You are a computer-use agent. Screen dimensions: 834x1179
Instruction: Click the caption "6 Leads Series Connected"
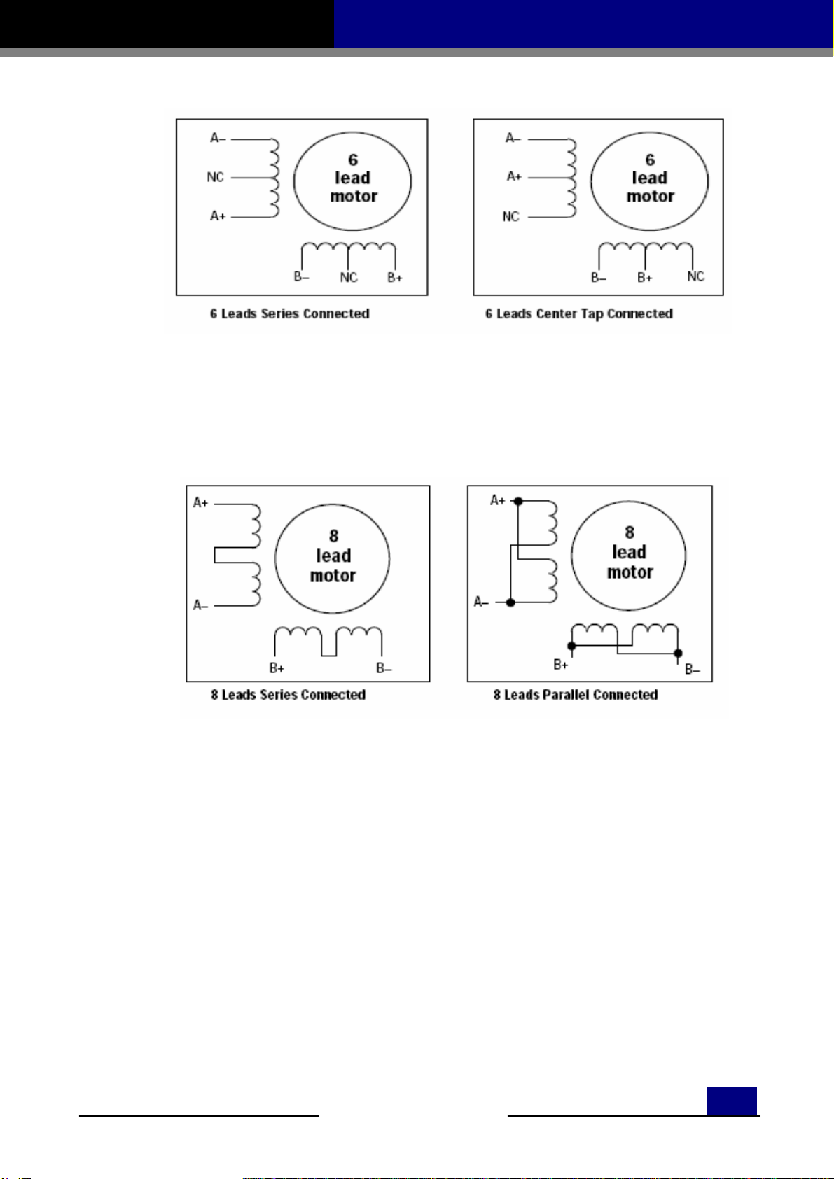pyautogui.click(x=289, y=313)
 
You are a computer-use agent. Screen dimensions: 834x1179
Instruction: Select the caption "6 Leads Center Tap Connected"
pyautogui.click(x=578, y=313)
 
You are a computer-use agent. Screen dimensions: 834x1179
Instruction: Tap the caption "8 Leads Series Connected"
pyautogui.click(x=288, y=695)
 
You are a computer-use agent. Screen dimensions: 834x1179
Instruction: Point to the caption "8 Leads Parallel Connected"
pyautogui.click(x=575, y=695)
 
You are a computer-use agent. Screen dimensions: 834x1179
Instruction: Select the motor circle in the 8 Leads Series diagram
pyautogui.click(x=333, y=557)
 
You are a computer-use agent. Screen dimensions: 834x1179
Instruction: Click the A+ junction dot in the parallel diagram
pyautogui.click(x=518, y=501)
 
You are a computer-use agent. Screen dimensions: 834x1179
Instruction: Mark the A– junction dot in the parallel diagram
pyautogui.click(x=511, y=602)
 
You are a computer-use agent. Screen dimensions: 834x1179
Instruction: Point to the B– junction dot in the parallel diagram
pyautogui.click(x=678, y=654)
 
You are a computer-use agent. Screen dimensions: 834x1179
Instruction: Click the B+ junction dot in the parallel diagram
pyautogui.click(x=572, y=645)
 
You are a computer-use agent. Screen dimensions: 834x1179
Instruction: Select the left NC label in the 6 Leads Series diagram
pyautogui.click(x=215, y=177)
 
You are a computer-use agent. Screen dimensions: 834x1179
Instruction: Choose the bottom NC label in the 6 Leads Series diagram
pyautogui.click(x=349, y=278)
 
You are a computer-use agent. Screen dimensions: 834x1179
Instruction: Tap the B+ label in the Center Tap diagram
pyautogui.click(x=645, y=278)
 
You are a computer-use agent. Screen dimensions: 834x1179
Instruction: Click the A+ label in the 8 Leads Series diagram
pyautogui.click(x=201, y=502)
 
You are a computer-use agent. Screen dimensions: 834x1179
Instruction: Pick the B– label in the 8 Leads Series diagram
pyautogui.click(x=384, y=668)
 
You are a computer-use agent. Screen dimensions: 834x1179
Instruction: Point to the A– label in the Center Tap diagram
pyautogui.click(x=513, y=139)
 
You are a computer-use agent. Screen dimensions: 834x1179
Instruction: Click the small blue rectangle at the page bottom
pyautogui.click(x=731, y=1100)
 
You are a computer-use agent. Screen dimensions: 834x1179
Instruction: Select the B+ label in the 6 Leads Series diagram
pyautogui.click(x=395, y=278)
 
